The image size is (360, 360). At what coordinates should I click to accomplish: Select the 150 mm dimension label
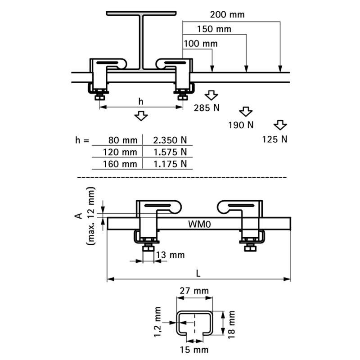click(x=214, y=29)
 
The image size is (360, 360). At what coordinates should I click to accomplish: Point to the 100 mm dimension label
click(x=201, y=44)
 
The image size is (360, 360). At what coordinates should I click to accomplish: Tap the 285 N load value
click(x=207, y=108)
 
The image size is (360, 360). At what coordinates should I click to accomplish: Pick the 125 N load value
click(x=274, y=139)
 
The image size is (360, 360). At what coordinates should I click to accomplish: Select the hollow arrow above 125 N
click(x=280, y=125)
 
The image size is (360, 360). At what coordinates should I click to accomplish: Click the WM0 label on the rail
click(x=197, y=223)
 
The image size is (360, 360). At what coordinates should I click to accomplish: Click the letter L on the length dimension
click(x=199, y=273)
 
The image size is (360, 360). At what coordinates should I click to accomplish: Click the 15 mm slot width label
click(x=195, y=350)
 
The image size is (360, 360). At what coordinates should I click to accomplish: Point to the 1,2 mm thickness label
click(x=157, y=322)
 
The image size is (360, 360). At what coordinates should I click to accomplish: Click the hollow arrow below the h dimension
click(x=141, y=117)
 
